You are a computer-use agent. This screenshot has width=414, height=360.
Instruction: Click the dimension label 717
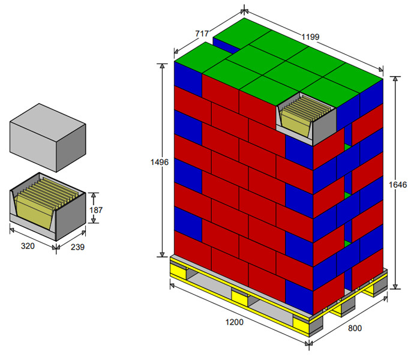(x=202, y=34)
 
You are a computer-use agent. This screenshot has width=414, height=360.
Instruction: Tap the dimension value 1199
(x=310, y=37)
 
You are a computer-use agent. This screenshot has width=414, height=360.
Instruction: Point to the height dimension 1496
(x=159, y=162)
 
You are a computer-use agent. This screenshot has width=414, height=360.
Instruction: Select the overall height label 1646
(x=398, y=185)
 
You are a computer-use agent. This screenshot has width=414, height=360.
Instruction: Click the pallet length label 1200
(x=234, y=322)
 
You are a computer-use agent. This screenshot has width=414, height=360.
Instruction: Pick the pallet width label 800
(x=355, y=328)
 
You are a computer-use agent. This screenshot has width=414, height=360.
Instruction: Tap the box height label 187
(x=95, y=210)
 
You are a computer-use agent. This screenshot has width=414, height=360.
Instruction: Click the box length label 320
(x=28, y=246)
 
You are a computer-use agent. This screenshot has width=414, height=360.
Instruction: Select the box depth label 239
(x=77, y=247)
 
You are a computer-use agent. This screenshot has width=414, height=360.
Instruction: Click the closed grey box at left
(x=48, y=137)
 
